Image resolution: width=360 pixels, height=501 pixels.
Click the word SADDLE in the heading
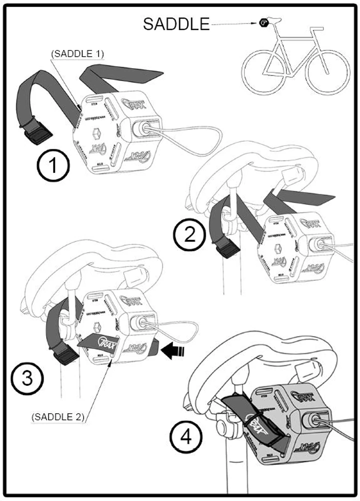[176, 24]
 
